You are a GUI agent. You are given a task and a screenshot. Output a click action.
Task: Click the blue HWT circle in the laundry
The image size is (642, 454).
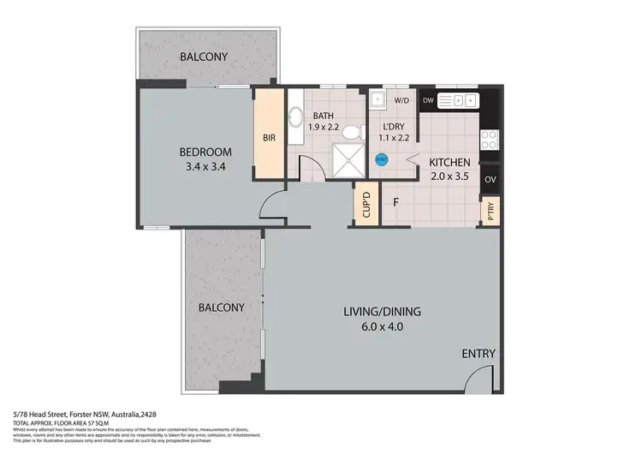tap(382, 158)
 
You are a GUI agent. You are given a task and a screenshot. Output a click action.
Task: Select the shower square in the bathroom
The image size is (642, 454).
tap(348, 160)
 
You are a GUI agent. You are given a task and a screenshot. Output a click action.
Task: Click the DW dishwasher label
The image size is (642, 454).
tap(430, 101)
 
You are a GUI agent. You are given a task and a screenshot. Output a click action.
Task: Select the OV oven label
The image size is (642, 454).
tap(490, 180)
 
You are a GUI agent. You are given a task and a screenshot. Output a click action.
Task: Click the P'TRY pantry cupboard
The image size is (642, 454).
tap(490, 210)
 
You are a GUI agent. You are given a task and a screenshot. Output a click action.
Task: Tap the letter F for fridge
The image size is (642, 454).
tap(395, 204)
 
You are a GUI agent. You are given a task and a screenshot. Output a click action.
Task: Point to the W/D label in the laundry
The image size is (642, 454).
tap(401, 101)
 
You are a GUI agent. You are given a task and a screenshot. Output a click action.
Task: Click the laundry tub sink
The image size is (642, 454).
tap(378, 100)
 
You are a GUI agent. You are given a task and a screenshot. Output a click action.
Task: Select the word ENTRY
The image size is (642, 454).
tap(478, 354)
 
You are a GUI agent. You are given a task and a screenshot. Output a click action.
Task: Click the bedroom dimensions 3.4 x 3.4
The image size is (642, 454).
tap(205, 167)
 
